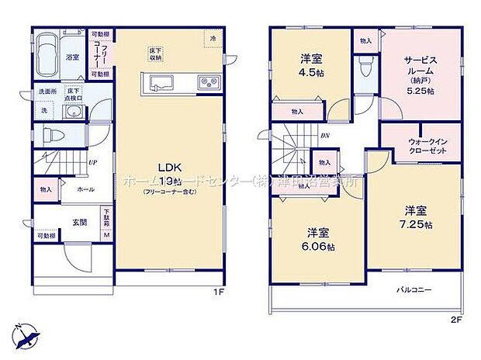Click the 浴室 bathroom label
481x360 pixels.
coord(72,57)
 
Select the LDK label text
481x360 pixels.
coord(169,167)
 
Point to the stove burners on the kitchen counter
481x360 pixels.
coord(207,81)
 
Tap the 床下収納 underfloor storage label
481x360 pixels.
coord(157,54)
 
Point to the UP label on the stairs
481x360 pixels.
coord(92,163)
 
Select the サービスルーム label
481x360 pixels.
coord(420,67)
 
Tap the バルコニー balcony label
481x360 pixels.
coord(411,289)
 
